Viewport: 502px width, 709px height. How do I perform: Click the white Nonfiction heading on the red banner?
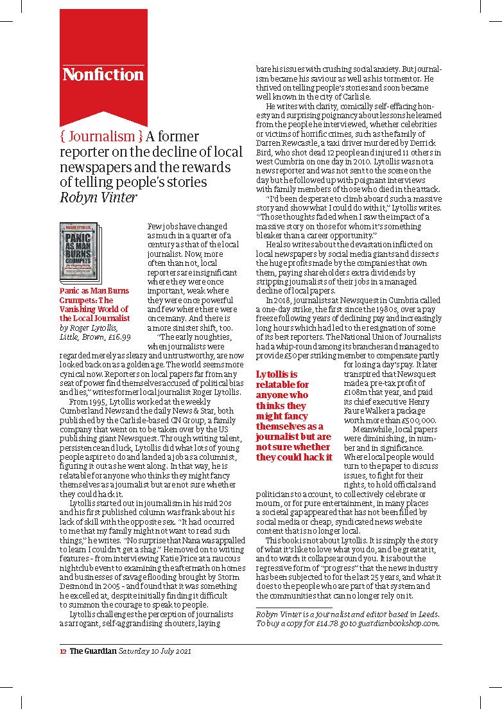(x=103, y=74)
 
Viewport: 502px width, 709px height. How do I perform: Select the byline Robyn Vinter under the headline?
(x=97, y=197)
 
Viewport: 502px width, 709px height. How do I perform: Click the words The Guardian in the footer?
(x=93, y=651)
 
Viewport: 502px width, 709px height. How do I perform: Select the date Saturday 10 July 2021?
(x=154, y=651)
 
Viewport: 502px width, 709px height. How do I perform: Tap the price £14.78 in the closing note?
(x=336, y=622)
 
